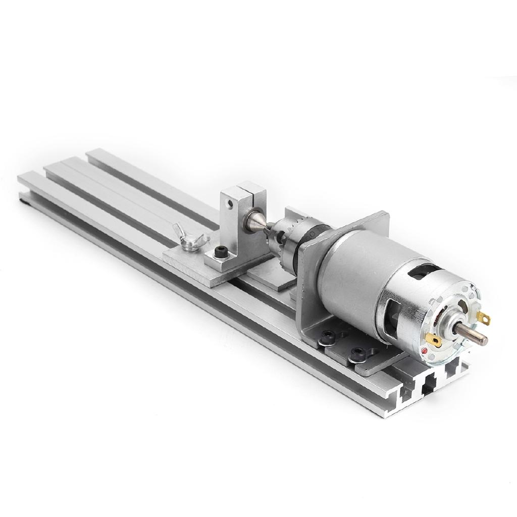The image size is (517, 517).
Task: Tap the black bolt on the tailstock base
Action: (220, 251)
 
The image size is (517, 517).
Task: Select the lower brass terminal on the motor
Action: (433, 340)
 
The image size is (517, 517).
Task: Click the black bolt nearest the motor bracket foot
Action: (329, 335)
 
